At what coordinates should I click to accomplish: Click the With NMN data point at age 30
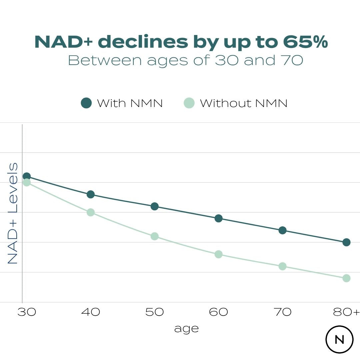pyautogui.click(x=27, y=176)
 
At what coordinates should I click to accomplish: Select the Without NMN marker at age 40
pyautogui.click(x=91, y=212)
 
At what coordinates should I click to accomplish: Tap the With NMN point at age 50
pyautogui.click(x=154, y=206)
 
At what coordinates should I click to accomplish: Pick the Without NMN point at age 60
pyautogui.click(x=219, y=254)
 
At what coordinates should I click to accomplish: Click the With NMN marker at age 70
pyautogui.click(x=283, y=230)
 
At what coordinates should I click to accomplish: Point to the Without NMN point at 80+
pyautogui.click(x=346, y=278)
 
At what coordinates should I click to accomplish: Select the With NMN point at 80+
pyautogui.click(x=346, y=242)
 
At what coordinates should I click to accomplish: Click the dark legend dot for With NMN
pyautogui.click(x=86, y=103)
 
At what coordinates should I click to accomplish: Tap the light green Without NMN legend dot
pyautogui.click(x=189, y=103)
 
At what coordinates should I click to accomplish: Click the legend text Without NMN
pyautogui.click(x=244, y=103)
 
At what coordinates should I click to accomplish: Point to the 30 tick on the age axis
pyautogui.click(x=26, y=312)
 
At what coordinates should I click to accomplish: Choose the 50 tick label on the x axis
pyautogui.click(x=154, y=312)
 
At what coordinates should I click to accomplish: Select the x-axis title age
pyautogui.click(x=186, y=329)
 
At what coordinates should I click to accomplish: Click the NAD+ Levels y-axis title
pyautogui.click(x=13, y=213)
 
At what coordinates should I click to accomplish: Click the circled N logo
pyautogui.click(x=339, y=339)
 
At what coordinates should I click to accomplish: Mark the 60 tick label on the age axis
pyautogui.click(x=218, y=312)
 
